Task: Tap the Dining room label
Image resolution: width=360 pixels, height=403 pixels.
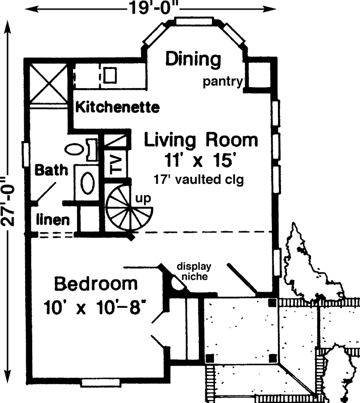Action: pyautogui.click(x=193, y=59)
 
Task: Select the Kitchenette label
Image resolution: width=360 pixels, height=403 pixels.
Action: pyautogui.click(x=117, y=107)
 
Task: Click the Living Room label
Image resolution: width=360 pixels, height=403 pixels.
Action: pyautogui.click(x=201, y=140)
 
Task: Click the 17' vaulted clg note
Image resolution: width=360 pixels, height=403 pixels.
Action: pyautogui.click(x=199, y=179)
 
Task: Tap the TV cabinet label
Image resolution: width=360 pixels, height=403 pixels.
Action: pyautogui.click(x=115, y=164)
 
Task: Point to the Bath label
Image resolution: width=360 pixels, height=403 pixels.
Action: pyautogui.click(x=51, y=170)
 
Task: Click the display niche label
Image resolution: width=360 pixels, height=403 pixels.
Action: pyautogui.click(x=193, y=271)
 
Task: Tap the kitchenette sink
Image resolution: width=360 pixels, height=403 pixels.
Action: pyautogui.click(x=111, y=75)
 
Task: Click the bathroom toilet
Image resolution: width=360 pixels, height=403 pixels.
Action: pyautogui.click(x=75, y=150)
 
